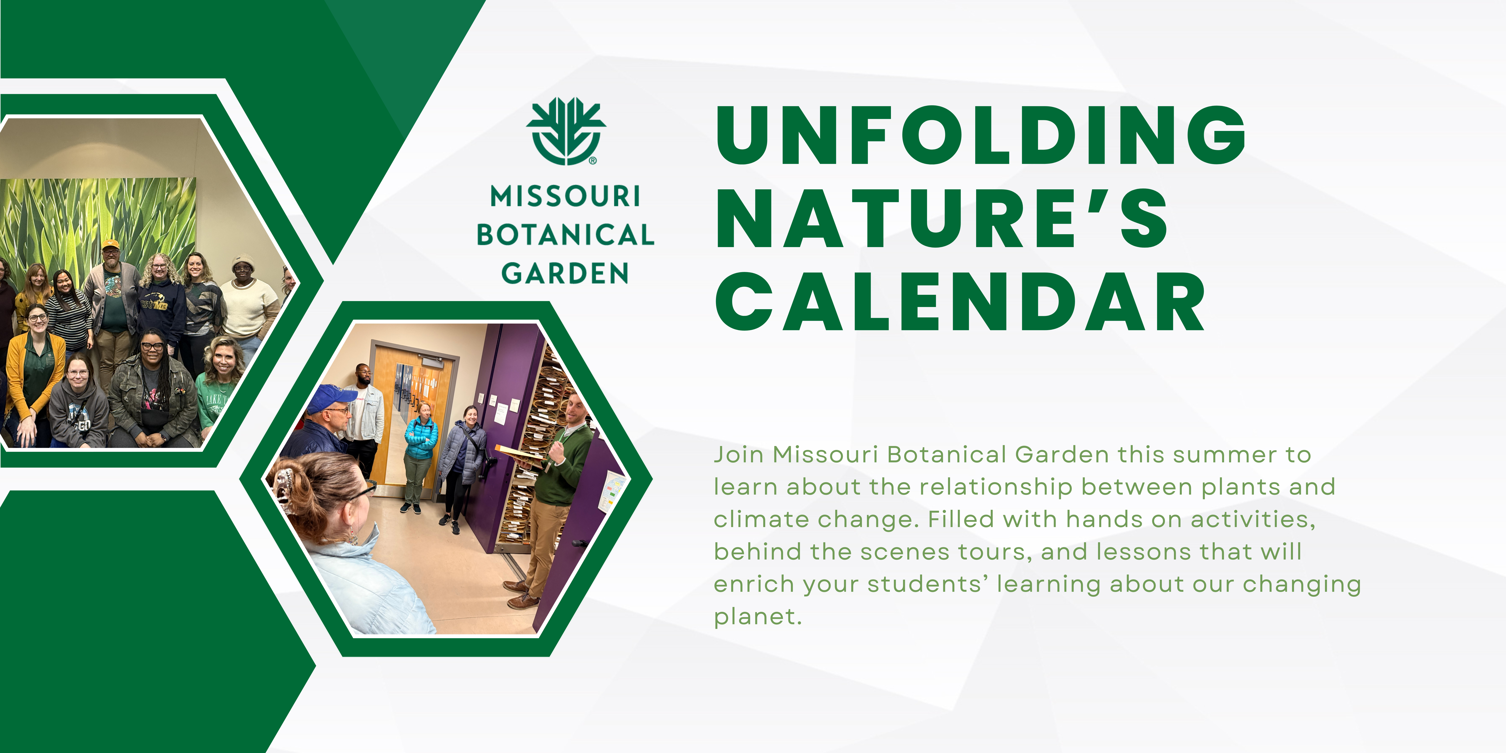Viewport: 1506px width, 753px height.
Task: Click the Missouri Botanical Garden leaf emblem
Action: click(x=566, y=131)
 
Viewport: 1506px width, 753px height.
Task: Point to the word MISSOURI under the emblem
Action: click(x=565, y=197)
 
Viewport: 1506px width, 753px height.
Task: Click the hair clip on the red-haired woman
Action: click(x=285, y=485)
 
